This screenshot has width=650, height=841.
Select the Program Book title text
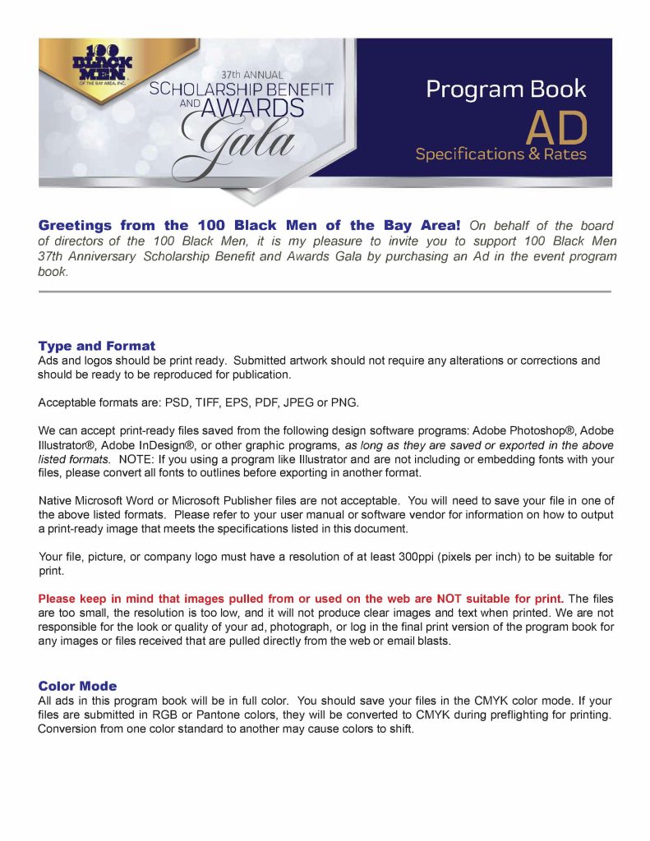tap(505, 89)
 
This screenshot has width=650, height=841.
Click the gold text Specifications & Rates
tap(500, 154)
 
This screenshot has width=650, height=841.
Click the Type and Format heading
tap(96, 346)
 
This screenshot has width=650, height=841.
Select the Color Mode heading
tap(77, 686)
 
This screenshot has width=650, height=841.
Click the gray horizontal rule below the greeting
tap(325, 292)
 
